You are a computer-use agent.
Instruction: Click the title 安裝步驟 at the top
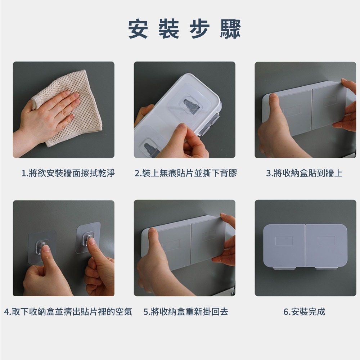click(x=184, y=29)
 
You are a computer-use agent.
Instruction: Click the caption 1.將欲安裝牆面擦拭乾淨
click(x=68, y=173)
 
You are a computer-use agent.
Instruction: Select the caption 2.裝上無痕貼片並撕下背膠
click(x=185, y=173)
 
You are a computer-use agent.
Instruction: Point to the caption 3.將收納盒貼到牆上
click(x=304, y=173)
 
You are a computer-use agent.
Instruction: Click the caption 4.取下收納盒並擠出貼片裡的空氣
click(x=68, y=311)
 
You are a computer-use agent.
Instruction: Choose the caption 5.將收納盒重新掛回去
click(x=186, y=311)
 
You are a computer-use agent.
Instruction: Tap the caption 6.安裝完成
click(x=304, y=311)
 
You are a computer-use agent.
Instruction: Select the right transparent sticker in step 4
click(x=89, y=238)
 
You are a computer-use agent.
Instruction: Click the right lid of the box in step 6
click(x=326, y=245)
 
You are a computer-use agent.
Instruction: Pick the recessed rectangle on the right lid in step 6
click(x=326, y=240)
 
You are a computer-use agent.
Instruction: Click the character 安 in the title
click(x=138, y=29)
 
